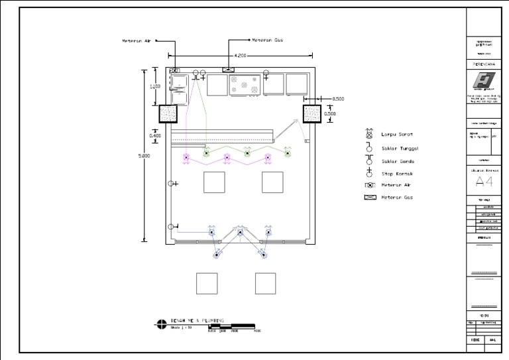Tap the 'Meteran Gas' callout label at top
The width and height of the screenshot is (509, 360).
tap(268, 40)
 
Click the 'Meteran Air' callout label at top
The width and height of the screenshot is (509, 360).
tap(137, 40)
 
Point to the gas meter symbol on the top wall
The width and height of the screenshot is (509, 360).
tap(229, 70)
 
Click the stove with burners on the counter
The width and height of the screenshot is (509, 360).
tap(245, 85)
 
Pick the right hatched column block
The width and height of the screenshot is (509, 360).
tap(311, 114)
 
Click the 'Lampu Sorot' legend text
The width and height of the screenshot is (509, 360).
tap(397, 135)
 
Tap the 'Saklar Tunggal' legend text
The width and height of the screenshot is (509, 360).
tap(400, 149)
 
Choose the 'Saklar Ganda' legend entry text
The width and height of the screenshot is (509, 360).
tap(398, 161)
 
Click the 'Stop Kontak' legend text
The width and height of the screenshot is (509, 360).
tap(397, 174)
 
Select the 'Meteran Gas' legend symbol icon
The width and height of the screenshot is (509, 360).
tap(370, 198)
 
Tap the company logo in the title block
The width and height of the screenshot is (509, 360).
tap(484, 81)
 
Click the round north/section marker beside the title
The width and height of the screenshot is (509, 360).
tap(161, 324)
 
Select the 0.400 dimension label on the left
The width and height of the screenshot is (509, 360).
tap(154, 136)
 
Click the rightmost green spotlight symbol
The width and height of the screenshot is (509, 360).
tap(288, 153)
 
